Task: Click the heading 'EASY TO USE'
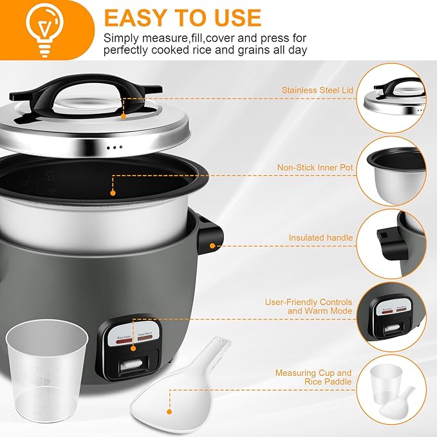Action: click(183, 17)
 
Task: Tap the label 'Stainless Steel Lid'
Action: click(317, 90)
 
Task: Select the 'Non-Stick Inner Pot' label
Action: click(315, 168)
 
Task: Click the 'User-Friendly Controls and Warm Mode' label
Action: click(308, 306)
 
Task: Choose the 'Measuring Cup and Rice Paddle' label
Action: click(313, 377)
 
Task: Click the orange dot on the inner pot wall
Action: click(113, 192)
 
